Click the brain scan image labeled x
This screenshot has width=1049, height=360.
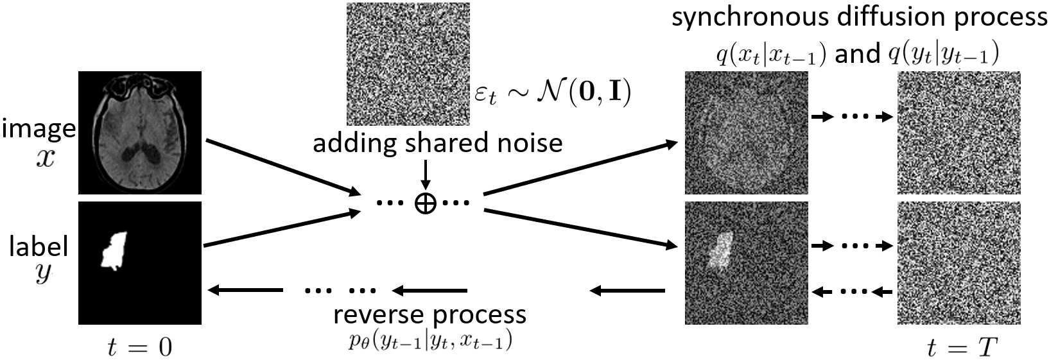(x=140, y=132)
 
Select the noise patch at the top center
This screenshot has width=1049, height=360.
(x=408, y=64)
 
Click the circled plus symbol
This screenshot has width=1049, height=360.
(x=425, y=203)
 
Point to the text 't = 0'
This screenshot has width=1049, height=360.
(x=140, y=347)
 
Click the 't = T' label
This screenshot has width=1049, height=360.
(x=961, y=347)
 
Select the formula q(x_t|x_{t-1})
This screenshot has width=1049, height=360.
(x=771, y=55)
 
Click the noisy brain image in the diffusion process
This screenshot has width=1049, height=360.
(x=746, y=132)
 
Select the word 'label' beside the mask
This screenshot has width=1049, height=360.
(x=39, y=246)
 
